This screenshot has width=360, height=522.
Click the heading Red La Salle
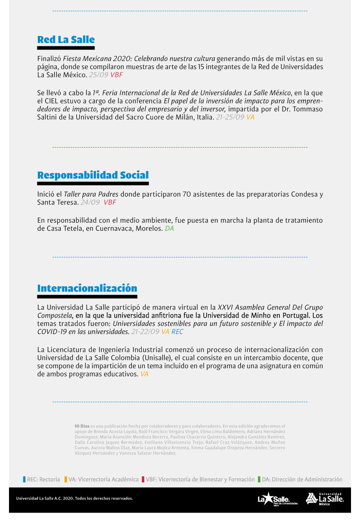coord(66,39)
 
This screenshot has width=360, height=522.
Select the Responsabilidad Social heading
coord(93,175)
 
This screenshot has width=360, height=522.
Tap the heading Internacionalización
coord(87,288)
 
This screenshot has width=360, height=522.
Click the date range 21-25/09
coord(230,117)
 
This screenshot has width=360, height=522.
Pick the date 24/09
coord(90,202)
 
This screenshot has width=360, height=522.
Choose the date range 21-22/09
coord(145,332)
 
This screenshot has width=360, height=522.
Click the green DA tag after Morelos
coord(169,229)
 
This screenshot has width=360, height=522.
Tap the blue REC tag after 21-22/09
coord(177,332)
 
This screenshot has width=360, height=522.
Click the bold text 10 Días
coord(82,425)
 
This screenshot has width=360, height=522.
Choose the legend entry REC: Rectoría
coord(41,479)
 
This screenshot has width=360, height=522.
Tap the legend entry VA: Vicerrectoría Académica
coord(101,479)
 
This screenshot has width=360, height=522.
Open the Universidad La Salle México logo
coord(325,499)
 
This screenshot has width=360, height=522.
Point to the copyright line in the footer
coord(74,499)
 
